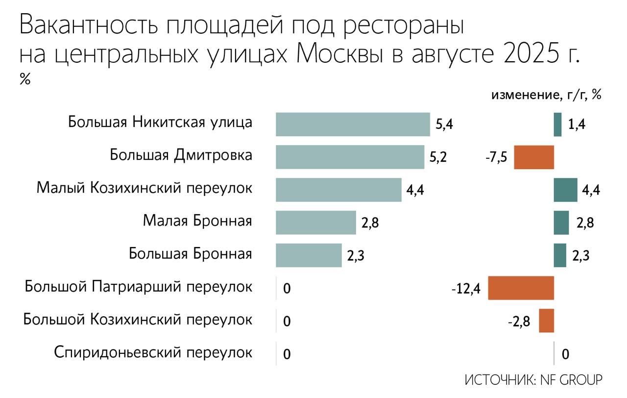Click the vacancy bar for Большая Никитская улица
coord(353,124)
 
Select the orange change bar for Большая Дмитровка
coord(533,157)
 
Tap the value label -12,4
coord(466,289)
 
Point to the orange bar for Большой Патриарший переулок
coord(521,288)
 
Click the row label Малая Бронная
coord(197,222)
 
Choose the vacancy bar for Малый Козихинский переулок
coord(338,190)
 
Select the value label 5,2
coord(438,158)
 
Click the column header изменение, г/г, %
coord(546,95)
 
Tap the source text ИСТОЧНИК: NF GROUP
coord(533,380)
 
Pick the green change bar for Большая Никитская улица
coord(557,124)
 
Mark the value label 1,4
coord(577,125)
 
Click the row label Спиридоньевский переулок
coord(153,353)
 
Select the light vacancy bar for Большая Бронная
coord(309,255)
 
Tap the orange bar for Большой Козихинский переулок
coord(546,321)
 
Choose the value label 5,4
coord(444,125)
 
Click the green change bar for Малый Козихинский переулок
coord(565,190)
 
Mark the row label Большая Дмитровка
coord(181,156)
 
